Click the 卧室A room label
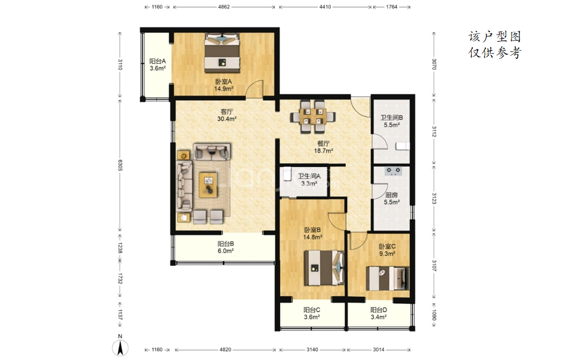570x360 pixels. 224,82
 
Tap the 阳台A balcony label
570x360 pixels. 157,61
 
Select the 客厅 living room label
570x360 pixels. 227,111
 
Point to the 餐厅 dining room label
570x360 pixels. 324,144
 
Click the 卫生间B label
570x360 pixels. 392,117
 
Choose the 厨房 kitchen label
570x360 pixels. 392,195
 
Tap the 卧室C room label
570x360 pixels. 387,247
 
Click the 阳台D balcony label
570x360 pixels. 379,310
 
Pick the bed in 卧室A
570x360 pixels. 222,53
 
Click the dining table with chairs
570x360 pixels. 312,117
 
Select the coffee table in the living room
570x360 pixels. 209,185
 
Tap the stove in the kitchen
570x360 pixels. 394,170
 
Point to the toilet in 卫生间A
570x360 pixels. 287,174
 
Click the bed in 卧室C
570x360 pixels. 388,278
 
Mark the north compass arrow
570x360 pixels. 120,348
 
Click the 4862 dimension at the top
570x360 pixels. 224,7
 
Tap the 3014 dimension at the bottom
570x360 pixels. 379,350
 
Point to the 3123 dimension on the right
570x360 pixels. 433,198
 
